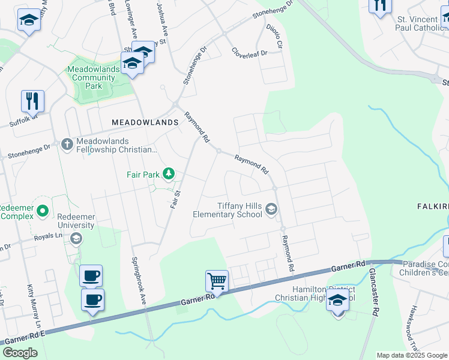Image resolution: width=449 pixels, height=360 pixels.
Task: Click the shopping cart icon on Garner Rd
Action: pos(217,280)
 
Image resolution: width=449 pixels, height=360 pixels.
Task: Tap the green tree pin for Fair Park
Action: pos(169,174)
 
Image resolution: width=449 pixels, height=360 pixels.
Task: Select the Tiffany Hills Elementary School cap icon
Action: pos(271,209)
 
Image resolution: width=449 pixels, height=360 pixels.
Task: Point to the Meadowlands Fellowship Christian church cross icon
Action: pos(67,143)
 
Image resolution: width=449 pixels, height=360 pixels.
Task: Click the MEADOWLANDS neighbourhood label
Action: pos(145,122)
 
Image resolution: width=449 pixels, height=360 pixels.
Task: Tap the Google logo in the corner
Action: pos(20,352)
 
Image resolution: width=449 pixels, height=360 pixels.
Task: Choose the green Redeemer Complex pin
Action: pos(42,211)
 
